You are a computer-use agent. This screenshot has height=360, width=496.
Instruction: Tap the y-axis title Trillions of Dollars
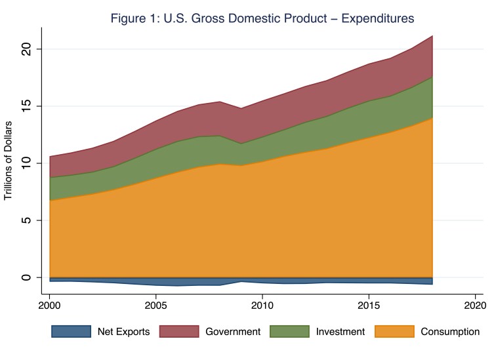tap(9, 161)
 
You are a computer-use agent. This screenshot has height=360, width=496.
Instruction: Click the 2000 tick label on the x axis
tap(50, 306)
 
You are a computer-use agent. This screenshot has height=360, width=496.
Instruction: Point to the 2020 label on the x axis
tap(474, 306)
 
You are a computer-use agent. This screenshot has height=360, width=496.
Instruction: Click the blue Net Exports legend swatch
tap(71, 332)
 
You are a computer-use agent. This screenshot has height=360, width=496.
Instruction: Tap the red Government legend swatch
tap(176, 332)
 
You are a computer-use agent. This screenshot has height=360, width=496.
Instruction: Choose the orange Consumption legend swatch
tap(394, 332)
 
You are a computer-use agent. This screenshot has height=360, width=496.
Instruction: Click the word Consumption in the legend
tap(451, 332)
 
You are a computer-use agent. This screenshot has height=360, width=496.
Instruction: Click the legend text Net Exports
tap(124, 332)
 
